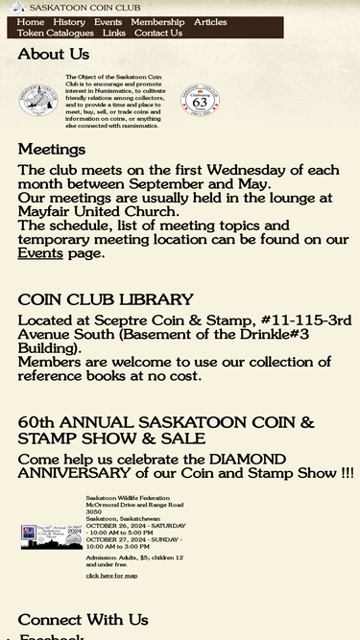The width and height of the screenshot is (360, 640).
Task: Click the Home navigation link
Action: click(x=31, y=22)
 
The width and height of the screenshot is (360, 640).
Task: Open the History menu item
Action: click(x=69, y=22)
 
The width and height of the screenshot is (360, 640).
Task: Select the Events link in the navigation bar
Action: click(x=108, y=22)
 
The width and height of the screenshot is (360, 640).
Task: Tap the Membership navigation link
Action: click(x=157, y=22)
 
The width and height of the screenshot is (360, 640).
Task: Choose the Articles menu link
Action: click(x=210, y=22)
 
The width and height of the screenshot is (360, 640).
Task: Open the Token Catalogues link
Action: click(x=56, y=33)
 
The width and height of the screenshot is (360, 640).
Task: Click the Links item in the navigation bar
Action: click(x=114, y=33)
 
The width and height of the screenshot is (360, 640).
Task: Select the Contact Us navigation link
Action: click(x=158, y=33)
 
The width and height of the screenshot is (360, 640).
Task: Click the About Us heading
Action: click(x=54, y=55)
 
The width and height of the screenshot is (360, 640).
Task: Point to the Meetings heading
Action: click(x=52, y=149)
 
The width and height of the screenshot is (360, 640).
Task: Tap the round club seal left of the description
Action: click(x=38, y=100)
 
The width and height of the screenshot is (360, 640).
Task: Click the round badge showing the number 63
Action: click(x=200, y=100)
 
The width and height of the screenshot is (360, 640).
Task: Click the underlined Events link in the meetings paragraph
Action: click(x=40, y=253)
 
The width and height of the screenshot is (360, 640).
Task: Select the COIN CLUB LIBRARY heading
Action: click(x=106, y=299)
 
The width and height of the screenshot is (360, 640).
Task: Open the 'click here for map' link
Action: click(x=111, y=576)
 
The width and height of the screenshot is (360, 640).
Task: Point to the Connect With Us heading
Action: click(x=83, y=619)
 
